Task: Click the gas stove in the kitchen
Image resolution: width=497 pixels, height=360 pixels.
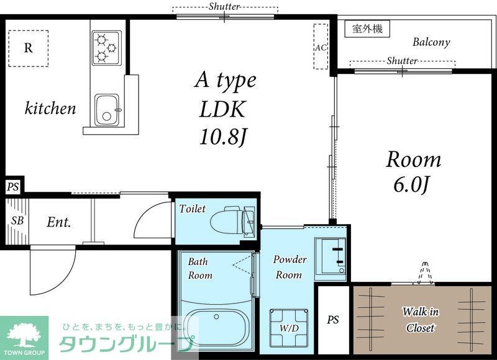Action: click(105, 48)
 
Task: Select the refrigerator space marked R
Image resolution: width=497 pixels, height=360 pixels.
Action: click(29, 48)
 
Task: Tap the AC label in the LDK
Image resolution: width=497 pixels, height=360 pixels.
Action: click(321, 47)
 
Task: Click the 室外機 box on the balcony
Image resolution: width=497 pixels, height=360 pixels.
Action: click(367, 29)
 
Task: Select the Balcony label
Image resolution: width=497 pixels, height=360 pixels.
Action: click(431, 43)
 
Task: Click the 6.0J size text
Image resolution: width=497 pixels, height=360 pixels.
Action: click(413, 184)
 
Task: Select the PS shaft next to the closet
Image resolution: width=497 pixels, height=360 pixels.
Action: click(334, 320)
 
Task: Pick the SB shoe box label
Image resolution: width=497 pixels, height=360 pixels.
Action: click(17, 221)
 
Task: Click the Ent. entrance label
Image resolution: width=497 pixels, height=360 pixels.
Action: click(59, 222)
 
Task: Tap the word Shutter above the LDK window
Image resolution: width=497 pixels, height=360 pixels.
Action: click(224, 7)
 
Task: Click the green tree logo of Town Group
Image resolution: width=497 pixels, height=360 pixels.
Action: click(24, 334)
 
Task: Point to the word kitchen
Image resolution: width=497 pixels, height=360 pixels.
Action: click(50, 109)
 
